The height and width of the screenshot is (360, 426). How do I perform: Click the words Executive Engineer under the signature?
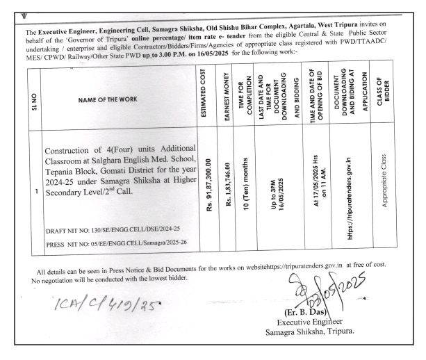click(x=310, y=321)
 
